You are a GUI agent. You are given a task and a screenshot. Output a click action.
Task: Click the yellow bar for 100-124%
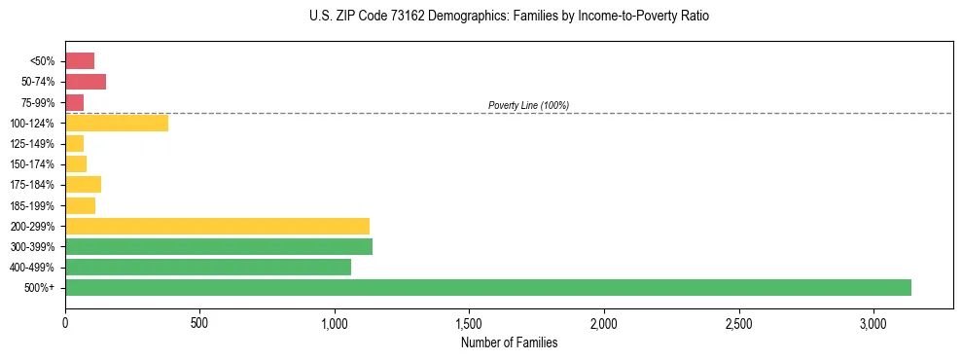point(117,123)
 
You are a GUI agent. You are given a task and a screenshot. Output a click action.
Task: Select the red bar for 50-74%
point(86,82)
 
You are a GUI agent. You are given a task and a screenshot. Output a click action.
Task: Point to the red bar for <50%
point(80,61)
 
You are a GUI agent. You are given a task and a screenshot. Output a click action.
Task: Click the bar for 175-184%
point(83,185)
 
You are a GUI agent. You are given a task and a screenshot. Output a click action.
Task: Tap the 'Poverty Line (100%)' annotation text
point(528,105)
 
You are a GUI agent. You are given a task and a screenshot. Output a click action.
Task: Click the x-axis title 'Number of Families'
point(509,342)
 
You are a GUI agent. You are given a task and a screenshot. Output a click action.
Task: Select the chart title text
point(510,17)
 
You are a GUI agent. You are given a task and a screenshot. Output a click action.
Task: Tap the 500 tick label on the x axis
point(199,323)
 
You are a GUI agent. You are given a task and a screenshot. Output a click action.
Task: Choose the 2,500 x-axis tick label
point(738,323)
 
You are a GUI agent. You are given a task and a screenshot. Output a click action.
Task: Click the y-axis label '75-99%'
point(37,103)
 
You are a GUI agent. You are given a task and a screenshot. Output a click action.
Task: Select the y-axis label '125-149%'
point(32,144)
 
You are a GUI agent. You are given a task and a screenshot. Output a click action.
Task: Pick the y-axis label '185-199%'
point(32,205)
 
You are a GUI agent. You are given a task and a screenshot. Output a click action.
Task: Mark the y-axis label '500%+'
point(39,288)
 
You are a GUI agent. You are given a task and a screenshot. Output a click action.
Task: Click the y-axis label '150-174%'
point(32,164)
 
